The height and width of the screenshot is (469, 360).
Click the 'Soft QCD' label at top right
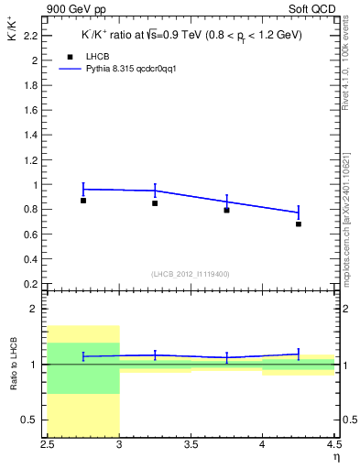pyautogui.click(x=315, y=9)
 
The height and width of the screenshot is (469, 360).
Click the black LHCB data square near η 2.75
pyautogui.click(x=83, y=200)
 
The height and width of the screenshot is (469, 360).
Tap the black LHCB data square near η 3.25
pyautogui.click(x=155, y=203)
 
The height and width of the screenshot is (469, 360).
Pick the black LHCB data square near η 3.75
pyautogui.click(x=226, y=210)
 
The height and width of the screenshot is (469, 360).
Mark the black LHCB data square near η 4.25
pyautogui.click(x=299, y=224)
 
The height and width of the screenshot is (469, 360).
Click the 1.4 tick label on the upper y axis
pyautogui.click(x=32, y=135)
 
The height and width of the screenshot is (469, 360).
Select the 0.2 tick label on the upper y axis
pyautogui.click(x=32, y=283)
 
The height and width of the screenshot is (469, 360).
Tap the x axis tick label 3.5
pyautogui.click(x=191, y=446)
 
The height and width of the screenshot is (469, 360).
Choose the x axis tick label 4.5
pyautogui.click(x=333, y=446)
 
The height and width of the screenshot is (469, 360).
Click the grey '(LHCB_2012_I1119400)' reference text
pyautogui.click(x=191, y=274)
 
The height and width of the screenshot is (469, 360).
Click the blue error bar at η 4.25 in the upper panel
pyautogui.click(x=299, y=213)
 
